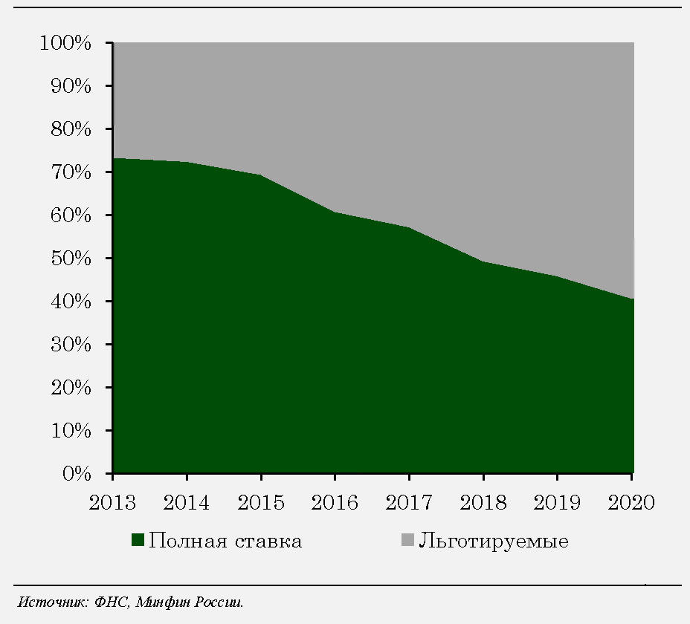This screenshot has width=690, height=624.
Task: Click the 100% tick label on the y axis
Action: click(66, 43)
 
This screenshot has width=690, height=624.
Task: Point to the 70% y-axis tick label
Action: click(72, 172)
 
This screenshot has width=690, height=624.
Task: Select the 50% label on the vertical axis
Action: click(72, 259)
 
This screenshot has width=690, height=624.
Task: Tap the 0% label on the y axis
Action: click(78, 473)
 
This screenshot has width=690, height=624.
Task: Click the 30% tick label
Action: click(72, 345)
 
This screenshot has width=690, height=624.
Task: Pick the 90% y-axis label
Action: click(72, 86)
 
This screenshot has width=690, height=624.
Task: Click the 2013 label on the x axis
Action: click(112, 503)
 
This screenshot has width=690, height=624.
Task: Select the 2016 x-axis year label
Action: click(335, 503)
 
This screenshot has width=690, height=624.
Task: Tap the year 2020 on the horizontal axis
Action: click(631, 503)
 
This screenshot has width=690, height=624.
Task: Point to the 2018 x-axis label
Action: click(483, 503)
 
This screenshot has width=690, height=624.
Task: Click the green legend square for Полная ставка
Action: click(138, 541)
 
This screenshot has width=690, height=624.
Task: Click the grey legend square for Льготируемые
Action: click(407, 541)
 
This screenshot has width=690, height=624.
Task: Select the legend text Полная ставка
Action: click(225, 541)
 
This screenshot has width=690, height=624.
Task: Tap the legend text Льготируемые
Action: click(494, 541)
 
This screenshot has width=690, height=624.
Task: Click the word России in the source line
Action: click(219, 601)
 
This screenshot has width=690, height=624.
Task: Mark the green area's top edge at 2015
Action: click(261, 175)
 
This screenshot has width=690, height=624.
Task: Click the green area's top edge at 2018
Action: click(483, 261)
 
